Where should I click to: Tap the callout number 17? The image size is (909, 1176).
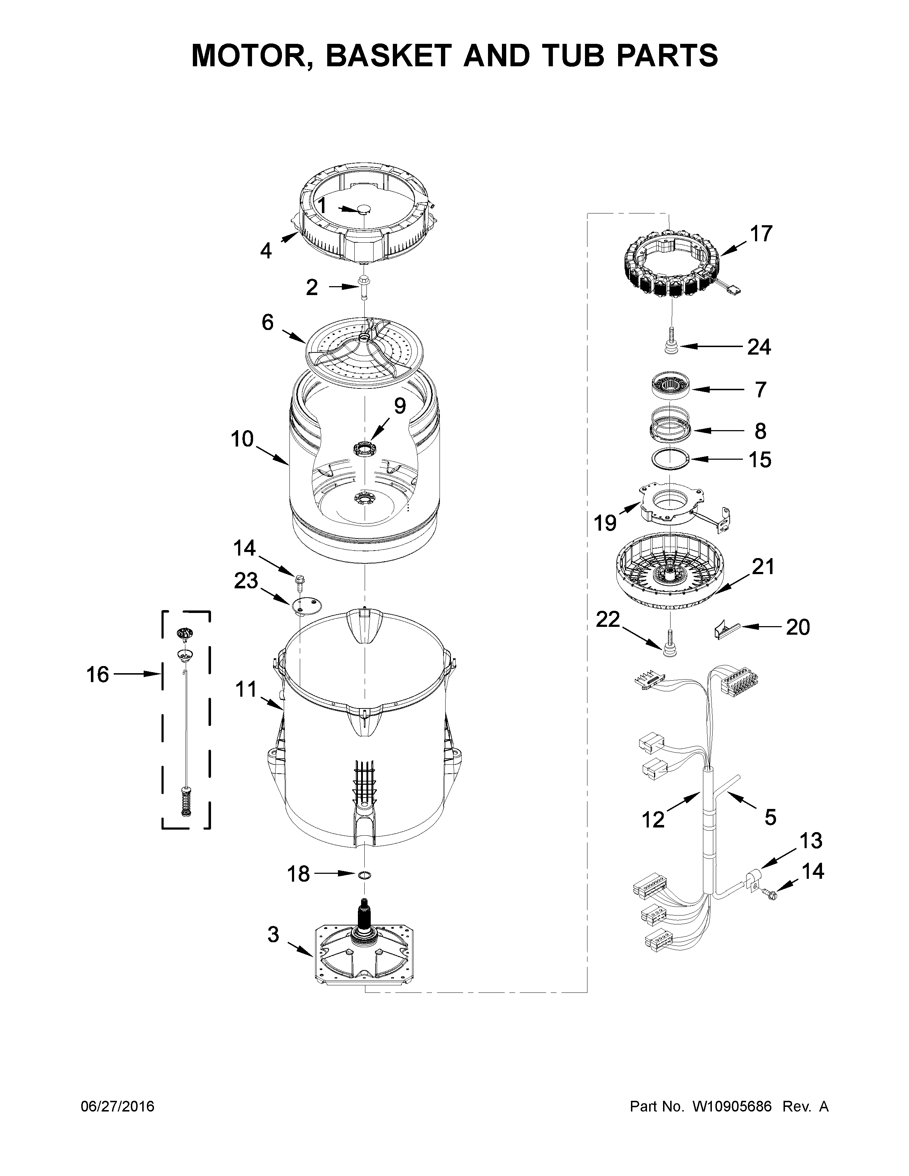(x=761, y=234)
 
